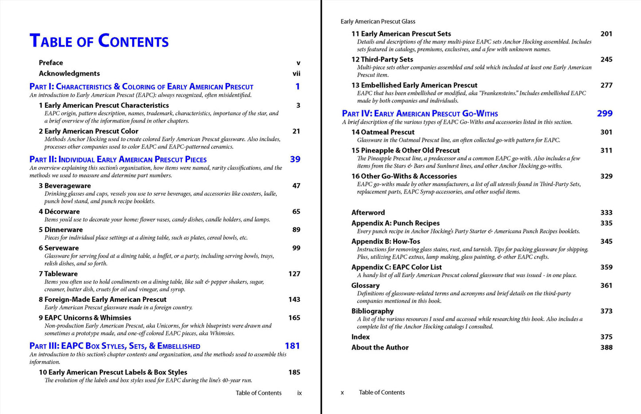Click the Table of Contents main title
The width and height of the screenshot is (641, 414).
coord(99,41)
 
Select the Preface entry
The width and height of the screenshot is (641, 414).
coord(51,63)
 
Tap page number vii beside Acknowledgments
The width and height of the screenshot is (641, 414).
coord(296,74)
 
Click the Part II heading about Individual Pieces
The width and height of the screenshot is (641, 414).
coord(118,160)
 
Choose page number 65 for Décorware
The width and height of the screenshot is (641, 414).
coord(296,212)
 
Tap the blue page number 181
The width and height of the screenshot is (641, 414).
coord(292,346)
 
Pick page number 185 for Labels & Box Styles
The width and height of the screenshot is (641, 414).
coord(294,372)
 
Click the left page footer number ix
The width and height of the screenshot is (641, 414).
coord(299,393)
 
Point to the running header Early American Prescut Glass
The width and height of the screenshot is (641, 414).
coord(378,21)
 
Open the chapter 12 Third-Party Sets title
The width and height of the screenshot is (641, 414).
coord(382,59)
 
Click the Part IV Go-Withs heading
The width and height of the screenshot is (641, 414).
coord(420,114)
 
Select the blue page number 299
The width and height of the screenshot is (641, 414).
coord(604,114)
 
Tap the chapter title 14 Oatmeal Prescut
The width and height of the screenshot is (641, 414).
coord(383,132)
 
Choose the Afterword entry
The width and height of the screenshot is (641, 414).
coord(368,213)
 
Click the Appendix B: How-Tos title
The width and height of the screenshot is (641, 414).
coord(385,241)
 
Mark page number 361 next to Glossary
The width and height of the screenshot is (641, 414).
coord(606,285)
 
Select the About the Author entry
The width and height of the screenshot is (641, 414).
coord(380,347)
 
